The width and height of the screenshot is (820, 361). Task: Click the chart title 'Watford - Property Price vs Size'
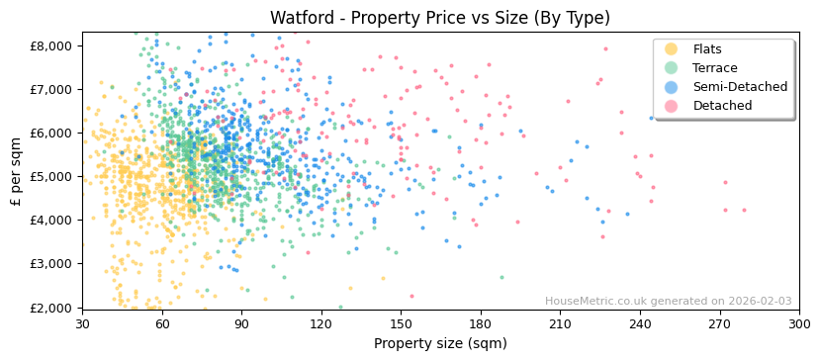click(440, 18)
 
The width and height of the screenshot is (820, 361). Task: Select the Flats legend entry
click(707, 49)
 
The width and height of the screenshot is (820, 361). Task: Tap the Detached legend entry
click(722, 106)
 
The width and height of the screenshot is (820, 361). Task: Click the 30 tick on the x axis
click(82, 323)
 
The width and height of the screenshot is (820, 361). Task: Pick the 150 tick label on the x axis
click(401, 323)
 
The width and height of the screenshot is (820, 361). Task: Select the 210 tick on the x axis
click(560, 323)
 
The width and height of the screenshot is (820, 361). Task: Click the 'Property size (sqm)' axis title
click(440, 343)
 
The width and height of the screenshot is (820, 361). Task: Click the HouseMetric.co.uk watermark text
click(668, 301)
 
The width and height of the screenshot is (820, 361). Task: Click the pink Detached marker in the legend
click(671, 106)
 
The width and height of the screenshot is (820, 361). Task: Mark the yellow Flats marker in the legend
click(671, 49)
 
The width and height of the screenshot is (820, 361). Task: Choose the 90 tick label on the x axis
click(241, 323)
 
